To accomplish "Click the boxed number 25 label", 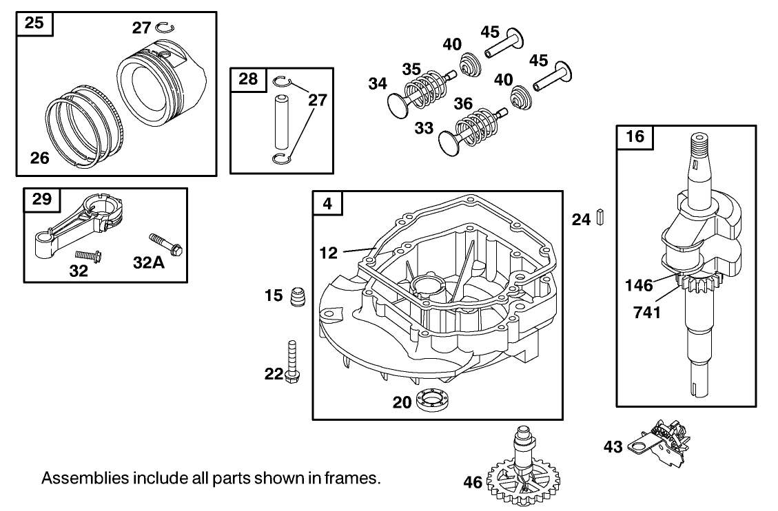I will click(x=34, y=23).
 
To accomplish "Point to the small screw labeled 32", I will click(x=89, y=256).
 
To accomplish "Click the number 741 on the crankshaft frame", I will click(x=648, y=313).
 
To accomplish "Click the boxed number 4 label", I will click(x=327, y=203).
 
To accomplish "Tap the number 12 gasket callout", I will click(x=329, y=253).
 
